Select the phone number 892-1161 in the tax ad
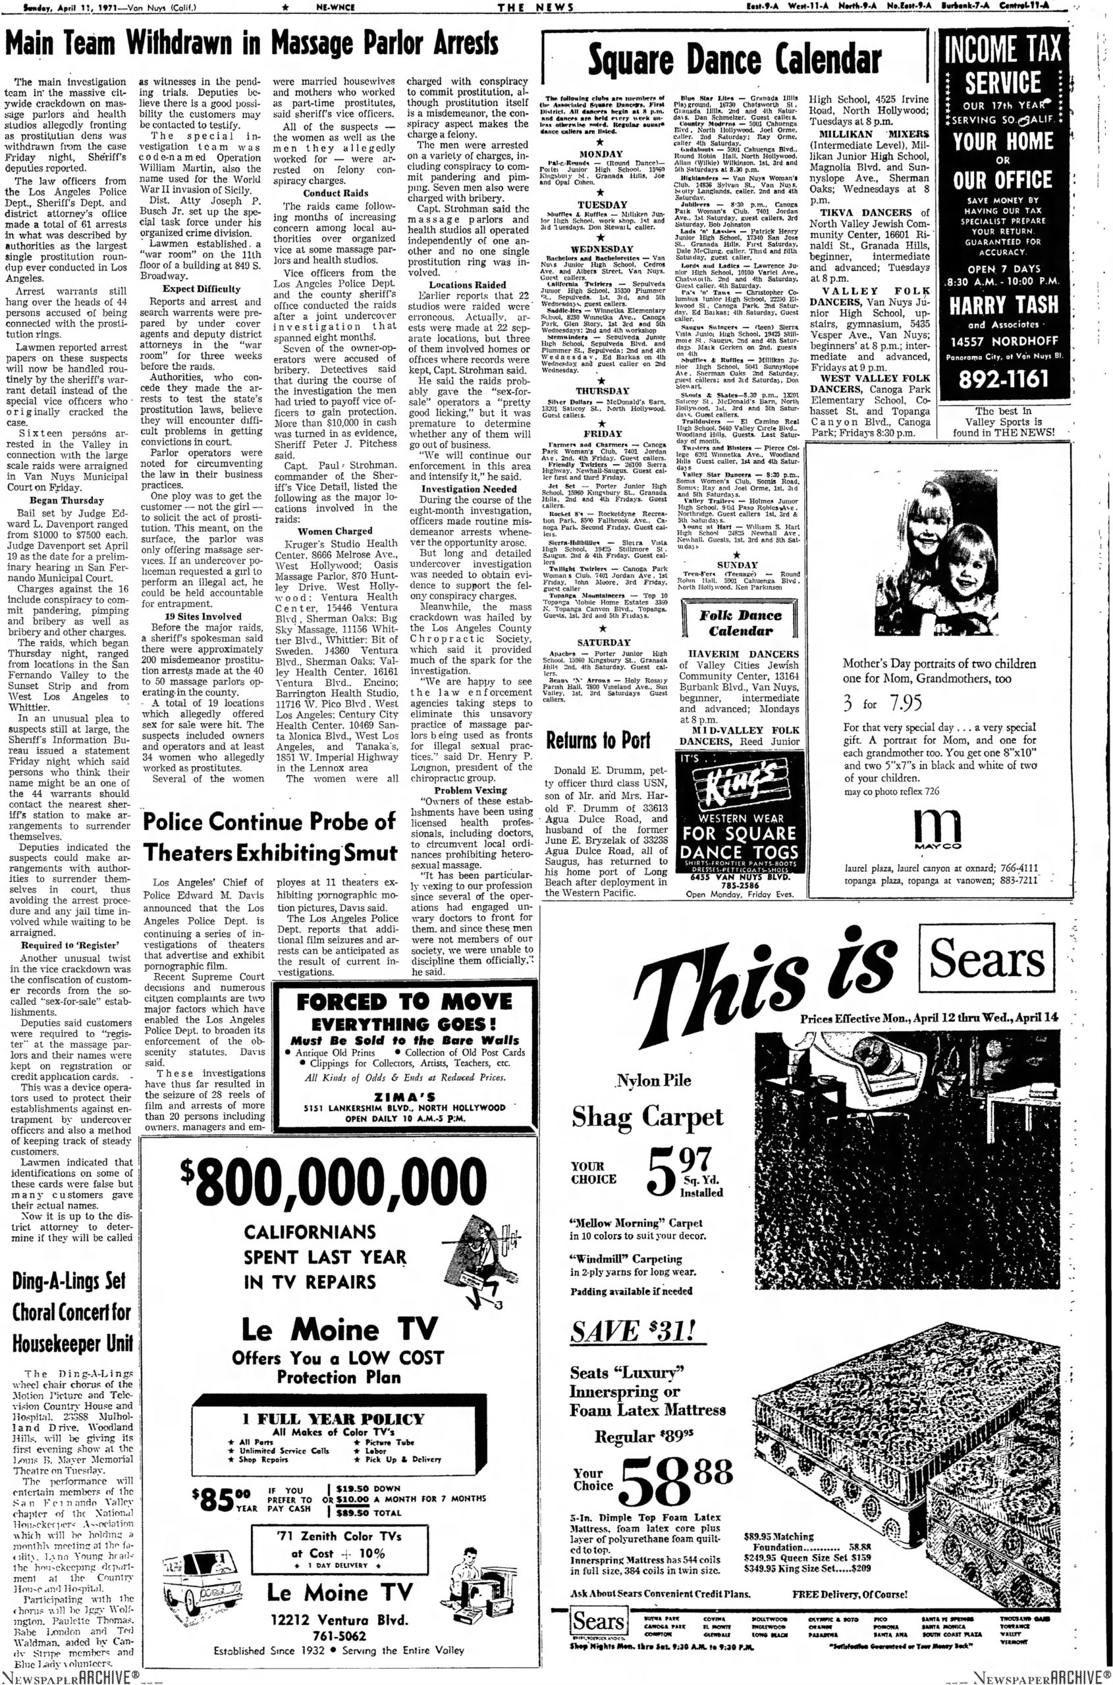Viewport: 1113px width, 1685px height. [1003, 379]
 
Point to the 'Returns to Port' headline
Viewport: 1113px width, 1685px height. [598, 740]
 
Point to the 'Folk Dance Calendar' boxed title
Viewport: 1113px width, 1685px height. [740, 623]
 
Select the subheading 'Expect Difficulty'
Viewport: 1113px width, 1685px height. [202, 289]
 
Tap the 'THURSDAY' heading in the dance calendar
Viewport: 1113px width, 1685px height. [602, 391]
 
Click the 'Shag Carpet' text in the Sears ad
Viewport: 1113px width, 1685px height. [647, 1118]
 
